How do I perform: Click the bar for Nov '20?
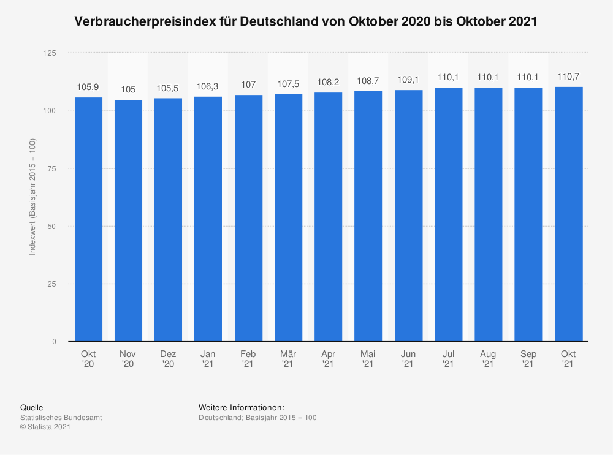pyautogui.click(x=128, y=220)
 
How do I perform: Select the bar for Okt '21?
pyautogui.click(x=568, y=214)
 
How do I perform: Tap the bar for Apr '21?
pyautogui.click(x=328, y=217)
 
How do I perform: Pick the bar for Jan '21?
pyautogui.click(x=208, y=219)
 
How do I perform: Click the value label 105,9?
pyautogui.click(x=88, y=87)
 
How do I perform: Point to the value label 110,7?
pyautogui.click(x=568, y=77)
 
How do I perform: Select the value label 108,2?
pyautogui.click(x=328, y=82)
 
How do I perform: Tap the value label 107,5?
pyautogui.click(x=288, y=84)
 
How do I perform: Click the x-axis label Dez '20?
pyautogui.click(x=168, y=359)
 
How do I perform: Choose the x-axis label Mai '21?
pyautogui.click(x=368, y=359)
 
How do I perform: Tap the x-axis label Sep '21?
pyautogui.click(x=528, y=359)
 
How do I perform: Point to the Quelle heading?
pyautogui.click(x=32, y=407)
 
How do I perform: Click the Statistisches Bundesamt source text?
pyautogui.click(x=61, y=418)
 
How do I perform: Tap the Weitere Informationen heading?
pyautogui.click(x=242, y=407)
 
